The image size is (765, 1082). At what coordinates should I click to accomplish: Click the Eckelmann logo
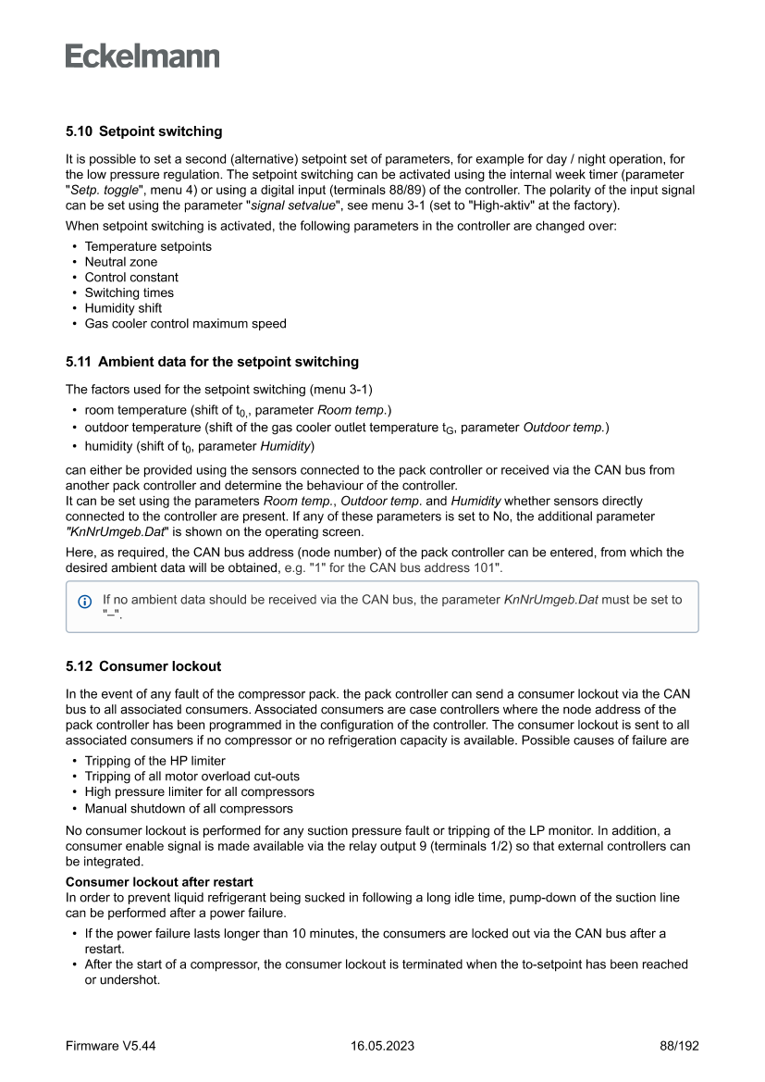[142, 56]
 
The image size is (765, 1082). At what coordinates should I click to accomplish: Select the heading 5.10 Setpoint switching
[143, 131]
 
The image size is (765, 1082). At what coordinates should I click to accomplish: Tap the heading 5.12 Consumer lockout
[143, 666]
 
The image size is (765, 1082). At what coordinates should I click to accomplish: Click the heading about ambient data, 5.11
[212, 362]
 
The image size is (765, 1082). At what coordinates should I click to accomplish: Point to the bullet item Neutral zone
[121, 262]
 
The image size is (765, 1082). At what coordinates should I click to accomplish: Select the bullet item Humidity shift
[123, 308]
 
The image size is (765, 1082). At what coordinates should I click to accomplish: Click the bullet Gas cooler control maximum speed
[185, 324]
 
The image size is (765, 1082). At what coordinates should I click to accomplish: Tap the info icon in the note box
[85, 601]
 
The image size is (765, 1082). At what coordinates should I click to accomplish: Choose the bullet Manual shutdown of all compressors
[189, 808]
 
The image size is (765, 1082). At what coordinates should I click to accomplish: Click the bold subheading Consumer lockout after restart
[159, 882]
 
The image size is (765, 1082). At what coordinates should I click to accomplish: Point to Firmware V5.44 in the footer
[111, 1046]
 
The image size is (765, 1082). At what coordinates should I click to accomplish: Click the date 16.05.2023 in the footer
[382, 1046]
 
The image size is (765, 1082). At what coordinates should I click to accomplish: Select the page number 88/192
[679, 1046]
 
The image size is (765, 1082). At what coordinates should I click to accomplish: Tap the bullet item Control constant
[131, 278]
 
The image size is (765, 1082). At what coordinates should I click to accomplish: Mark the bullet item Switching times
[129, 292]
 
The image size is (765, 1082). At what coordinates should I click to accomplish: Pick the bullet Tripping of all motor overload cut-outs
[191, 777]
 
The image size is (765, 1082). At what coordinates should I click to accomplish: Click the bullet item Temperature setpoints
[148, 246]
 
